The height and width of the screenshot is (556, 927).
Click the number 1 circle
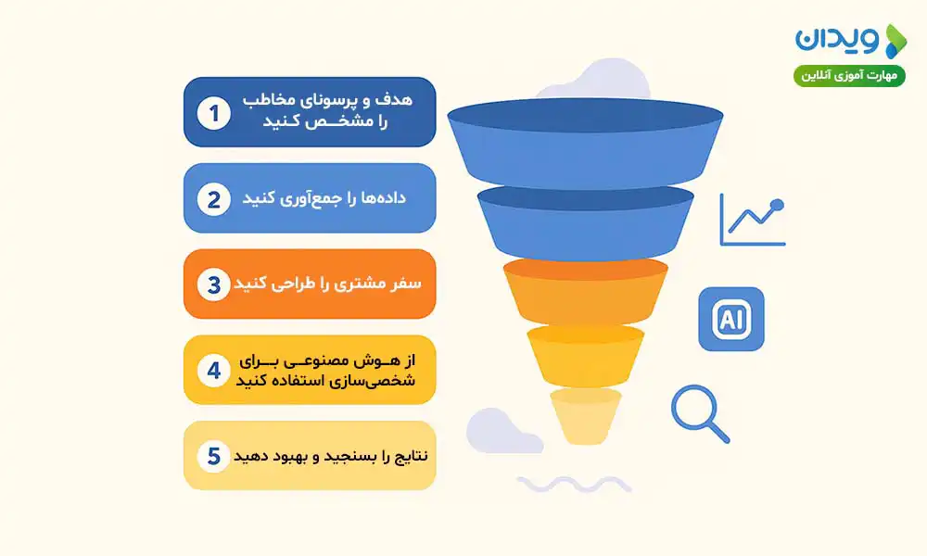[x=214, y=114]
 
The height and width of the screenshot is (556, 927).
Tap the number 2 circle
[x=214, y=199]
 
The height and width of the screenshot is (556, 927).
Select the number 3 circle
[x=214, y=284]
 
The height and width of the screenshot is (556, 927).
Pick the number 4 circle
[x=214, y=370]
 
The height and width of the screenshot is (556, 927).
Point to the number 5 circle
[x=214, y=456]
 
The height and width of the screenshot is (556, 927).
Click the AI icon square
[x=730, y=319]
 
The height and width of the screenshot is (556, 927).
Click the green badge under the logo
[x=849, y=75]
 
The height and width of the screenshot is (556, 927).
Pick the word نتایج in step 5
[x=403, y=456]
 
